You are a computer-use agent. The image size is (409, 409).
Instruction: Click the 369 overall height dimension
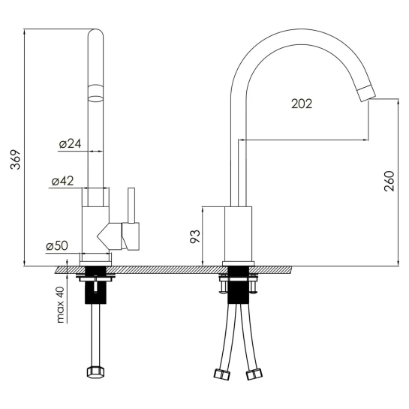16,159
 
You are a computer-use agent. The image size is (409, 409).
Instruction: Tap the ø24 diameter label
70,144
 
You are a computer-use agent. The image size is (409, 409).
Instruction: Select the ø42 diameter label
62,181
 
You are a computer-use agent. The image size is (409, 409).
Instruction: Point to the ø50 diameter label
57,245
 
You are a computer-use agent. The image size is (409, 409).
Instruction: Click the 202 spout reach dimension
302,104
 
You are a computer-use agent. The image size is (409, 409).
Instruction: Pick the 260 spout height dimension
389,182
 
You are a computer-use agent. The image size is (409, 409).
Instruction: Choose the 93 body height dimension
195,236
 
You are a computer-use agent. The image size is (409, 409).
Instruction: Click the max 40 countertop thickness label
60,305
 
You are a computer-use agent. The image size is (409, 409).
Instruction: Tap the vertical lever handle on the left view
131,206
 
